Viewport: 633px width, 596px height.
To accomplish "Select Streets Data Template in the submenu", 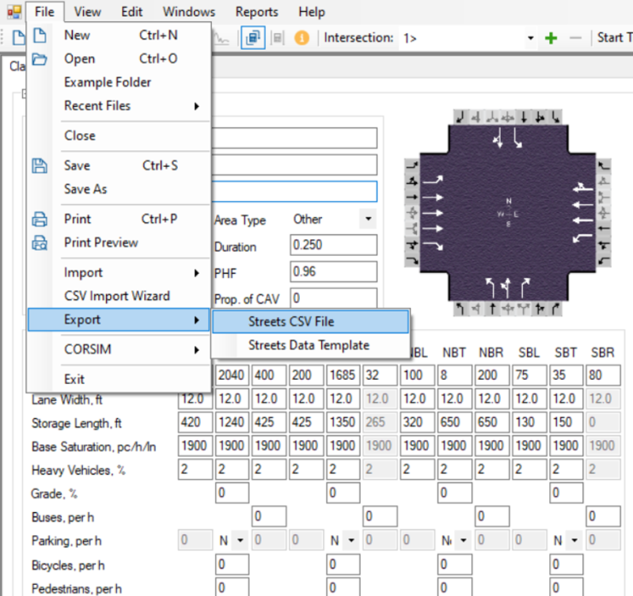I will [309, 345].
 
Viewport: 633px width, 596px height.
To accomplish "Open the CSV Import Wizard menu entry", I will [116, 296].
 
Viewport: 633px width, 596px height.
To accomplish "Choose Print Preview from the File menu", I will [100, 243].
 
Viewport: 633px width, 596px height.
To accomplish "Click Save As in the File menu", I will [85, 189].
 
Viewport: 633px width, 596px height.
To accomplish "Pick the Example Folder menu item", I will [108, 82].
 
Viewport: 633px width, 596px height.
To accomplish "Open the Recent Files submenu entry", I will [97, 106].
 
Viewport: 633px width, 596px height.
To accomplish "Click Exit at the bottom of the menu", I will [74, 379].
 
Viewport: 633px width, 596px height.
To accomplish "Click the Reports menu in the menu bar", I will [256, 12].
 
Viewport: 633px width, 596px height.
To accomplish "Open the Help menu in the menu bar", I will [312, 12].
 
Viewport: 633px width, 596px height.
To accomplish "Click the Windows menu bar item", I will [189, 12].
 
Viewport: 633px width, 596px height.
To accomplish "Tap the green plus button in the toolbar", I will [552, 38].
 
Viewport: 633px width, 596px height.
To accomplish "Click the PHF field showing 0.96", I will [332, 272].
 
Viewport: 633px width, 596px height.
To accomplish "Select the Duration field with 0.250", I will [332, 245].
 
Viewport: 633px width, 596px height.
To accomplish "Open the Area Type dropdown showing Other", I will [332, 219].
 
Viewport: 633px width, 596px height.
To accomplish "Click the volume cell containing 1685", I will [343, 374].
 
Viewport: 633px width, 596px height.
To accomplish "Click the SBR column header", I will [602, 352].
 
